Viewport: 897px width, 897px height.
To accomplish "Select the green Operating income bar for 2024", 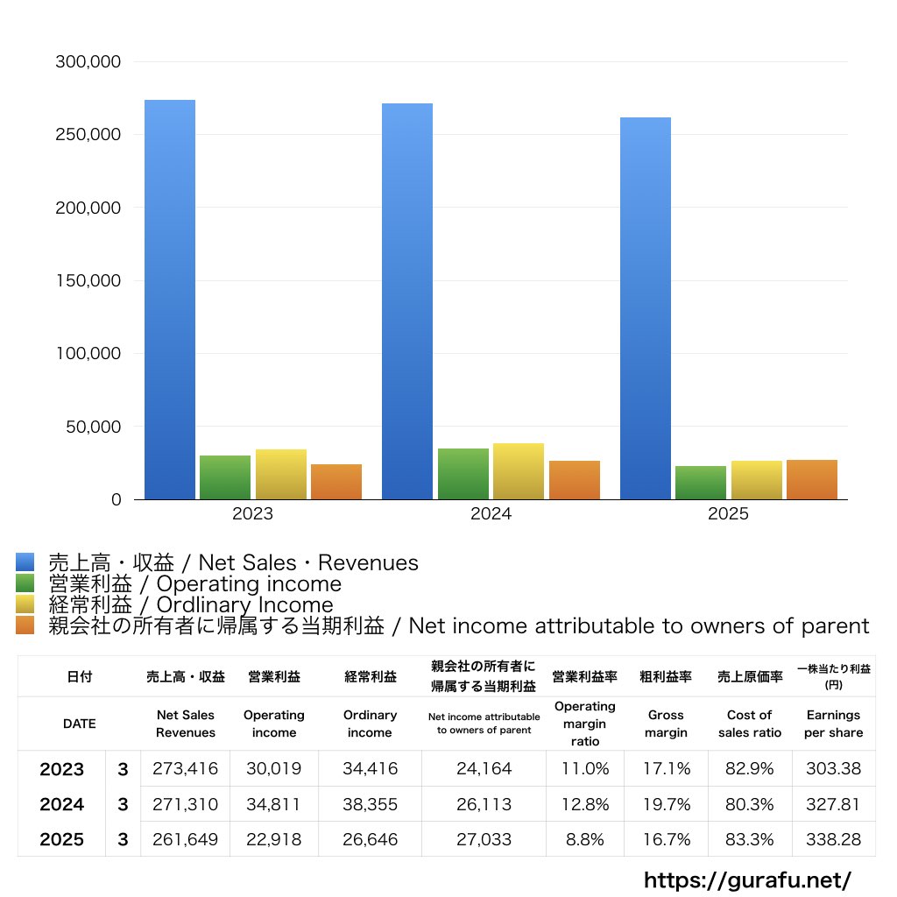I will tap(463, 474).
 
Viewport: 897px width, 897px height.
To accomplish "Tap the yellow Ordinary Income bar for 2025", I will tap(756, 480).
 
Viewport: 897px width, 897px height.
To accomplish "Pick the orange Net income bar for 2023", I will tap(336, 482).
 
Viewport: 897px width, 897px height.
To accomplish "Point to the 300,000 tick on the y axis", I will tap(88, 62).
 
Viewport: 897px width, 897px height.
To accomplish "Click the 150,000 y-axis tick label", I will tap(88, 281).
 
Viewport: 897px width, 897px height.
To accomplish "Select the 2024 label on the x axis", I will tap(491, 514).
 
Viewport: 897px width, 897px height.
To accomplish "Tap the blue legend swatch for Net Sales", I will tap(25, 562).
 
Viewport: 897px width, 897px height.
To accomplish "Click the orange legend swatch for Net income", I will tap(25, 625).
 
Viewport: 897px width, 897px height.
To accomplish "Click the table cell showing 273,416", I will tap(185, 769).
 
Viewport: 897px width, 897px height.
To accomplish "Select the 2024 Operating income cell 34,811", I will tap(273, 804).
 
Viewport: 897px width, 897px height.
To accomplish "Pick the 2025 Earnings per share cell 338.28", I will tap(833, 839).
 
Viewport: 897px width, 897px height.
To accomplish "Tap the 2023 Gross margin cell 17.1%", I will tap(666, 769).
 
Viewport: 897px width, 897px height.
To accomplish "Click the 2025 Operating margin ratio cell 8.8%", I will tap(585, 839).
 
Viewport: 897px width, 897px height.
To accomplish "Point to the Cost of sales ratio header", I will tap(750, 724).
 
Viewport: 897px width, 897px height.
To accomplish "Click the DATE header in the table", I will tap(79, 724).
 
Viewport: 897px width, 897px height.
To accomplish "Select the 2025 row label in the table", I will tap(62, 839).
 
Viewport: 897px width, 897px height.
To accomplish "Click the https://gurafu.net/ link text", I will tap(747, 879).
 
